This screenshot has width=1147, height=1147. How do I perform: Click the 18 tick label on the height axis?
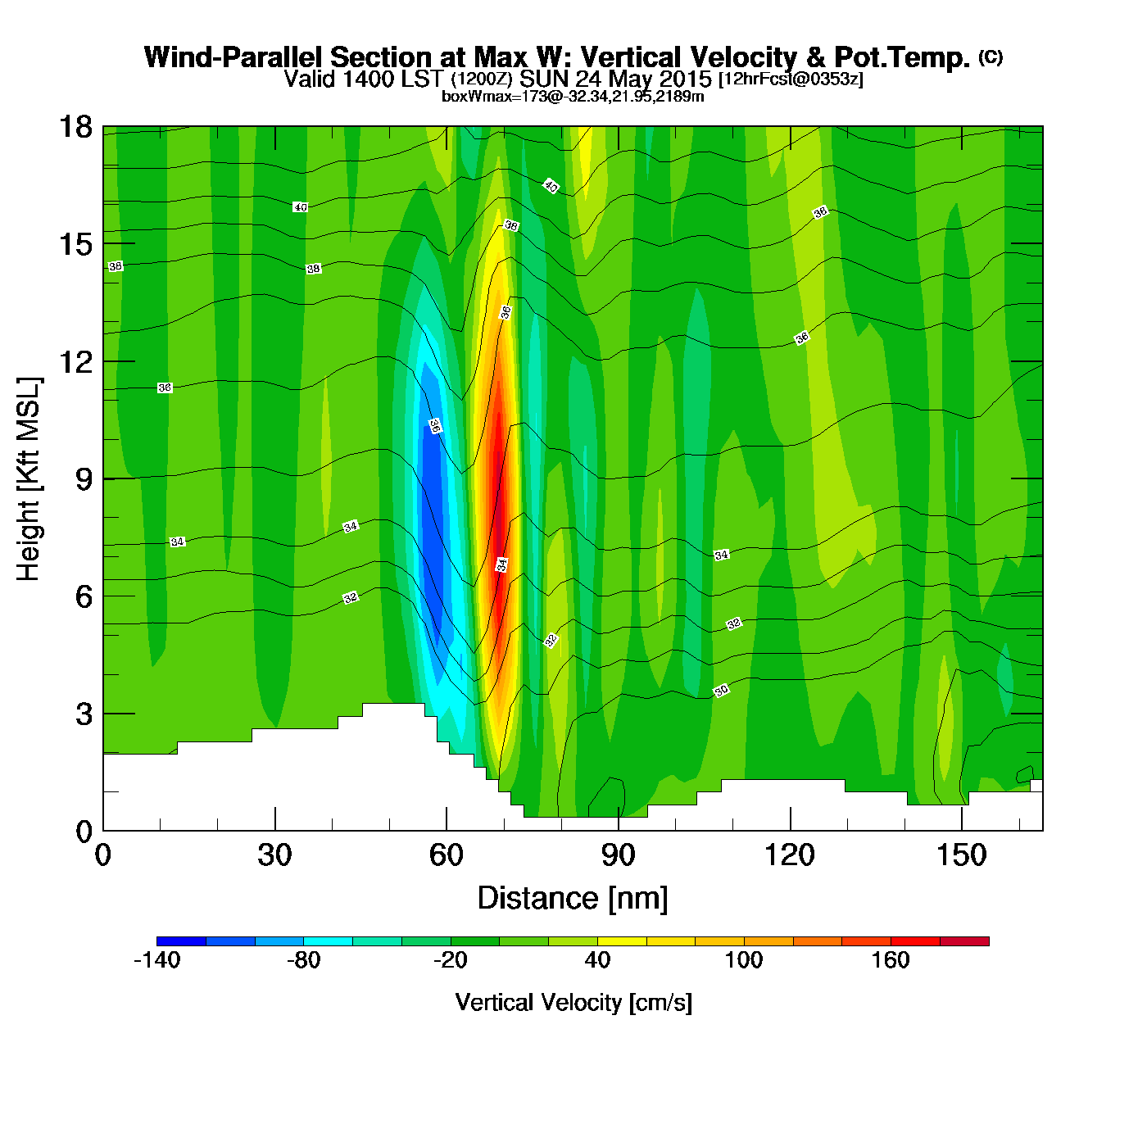click(75, 127)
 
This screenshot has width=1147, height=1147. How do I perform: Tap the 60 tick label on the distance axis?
click(446, 855)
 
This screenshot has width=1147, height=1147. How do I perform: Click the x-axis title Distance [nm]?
click(573, 899)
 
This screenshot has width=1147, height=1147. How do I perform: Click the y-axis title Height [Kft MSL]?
click(29, 479)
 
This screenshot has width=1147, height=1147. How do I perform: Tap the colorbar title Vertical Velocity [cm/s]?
click(573, 1003)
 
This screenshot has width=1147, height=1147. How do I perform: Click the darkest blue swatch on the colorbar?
click(181, 941)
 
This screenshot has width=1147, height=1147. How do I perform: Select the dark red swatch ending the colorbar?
click(964, 941)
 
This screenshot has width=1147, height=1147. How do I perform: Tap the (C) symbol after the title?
click(991, 57)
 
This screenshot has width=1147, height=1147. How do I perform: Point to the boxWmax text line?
click(573, 97)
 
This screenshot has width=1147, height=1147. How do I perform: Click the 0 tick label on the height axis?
click(84, 832)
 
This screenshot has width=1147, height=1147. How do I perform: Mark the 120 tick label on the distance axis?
click(789, 855)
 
